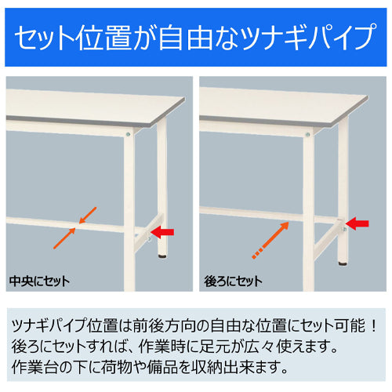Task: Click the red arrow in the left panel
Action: [165, 231]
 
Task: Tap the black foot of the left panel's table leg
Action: [163, 256]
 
